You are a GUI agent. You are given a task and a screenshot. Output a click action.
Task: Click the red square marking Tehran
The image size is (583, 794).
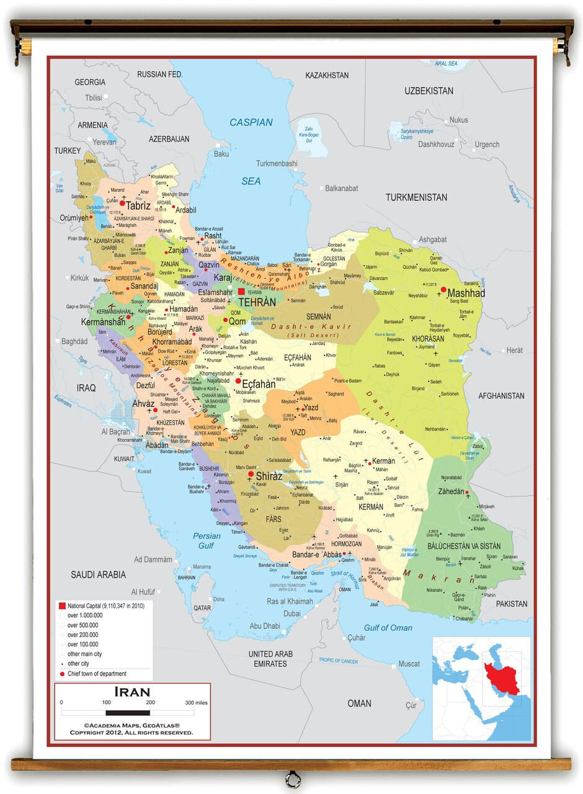pyautogui.click(x=241, y=292)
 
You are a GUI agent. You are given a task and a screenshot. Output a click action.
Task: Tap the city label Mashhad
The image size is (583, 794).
pyautogui.click(x=466, y=293)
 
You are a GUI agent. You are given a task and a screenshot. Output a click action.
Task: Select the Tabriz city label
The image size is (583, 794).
pyautogui.click(x=138, y=205)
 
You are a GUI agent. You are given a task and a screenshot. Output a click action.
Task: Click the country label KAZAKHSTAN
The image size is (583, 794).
pyautogui.click(x=327, y=75)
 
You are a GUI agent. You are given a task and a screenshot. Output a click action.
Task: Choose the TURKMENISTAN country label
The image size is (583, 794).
pyautogui.click(x=416, y=197)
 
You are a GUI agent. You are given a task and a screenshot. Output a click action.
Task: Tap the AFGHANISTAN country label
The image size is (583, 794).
pyautogui.click(x=501, y=396)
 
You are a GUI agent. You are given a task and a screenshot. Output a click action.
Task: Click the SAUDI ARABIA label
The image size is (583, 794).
pyautogui.click(x=98, y=574)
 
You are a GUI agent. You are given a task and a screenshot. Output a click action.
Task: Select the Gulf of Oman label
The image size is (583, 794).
pyautogui.click(x=388, y=628)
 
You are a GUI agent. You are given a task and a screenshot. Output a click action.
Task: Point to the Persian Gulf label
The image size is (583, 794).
pyautogui.click(x=206, y=541)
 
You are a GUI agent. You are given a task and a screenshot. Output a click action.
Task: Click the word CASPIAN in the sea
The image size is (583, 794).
pyautogui.click(x=251, y=122)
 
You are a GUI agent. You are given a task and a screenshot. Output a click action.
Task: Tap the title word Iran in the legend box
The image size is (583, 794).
pyautogui.click(x=132, y=692)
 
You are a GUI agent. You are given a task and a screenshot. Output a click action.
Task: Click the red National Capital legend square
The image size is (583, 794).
pyautogui.click(x=62, y=605)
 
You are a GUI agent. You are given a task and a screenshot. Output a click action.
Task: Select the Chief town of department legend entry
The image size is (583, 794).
pyautogui.click(x=97, y=674)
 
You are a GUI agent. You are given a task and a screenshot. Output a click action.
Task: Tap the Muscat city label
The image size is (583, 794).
pyautogui.click(x=409, y=664)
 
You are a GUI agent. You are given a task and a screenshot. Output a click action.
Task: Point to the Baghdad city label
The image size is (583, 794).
pyautogui.click(x=74, y=341)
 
